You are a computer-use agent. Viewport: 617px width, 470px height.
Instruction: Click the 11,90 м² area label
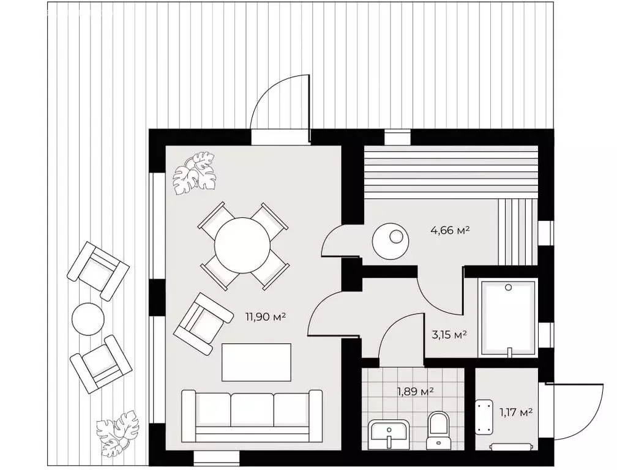coord(265,316)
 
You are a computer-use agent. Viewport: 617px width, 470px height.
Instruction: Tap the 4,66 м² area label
coord(451,229)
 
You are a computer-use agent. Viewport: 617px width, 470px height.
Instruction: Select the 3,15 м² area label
coord(447,335)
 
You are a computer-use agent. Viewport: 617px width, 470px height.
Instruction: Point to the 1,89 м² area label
coord(414,391)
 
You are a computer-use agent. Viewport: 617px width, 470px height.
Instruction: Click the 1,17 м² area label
coord(516,412)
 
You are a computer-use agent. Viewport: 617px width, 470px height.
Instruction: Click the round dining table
coord(242,245)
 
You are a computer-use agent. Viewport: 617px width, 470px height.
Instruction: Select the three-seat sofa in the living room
coord(252,417)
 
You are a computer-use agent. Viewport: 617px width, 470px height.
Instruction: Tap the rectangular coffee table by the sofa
coord(256,362)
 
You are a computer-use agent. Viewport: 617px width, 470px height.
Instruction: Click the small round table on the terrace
coord(88,319)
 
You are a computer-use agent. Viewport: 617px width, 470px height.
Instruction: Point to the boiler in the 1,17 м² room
coord(484,417)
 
